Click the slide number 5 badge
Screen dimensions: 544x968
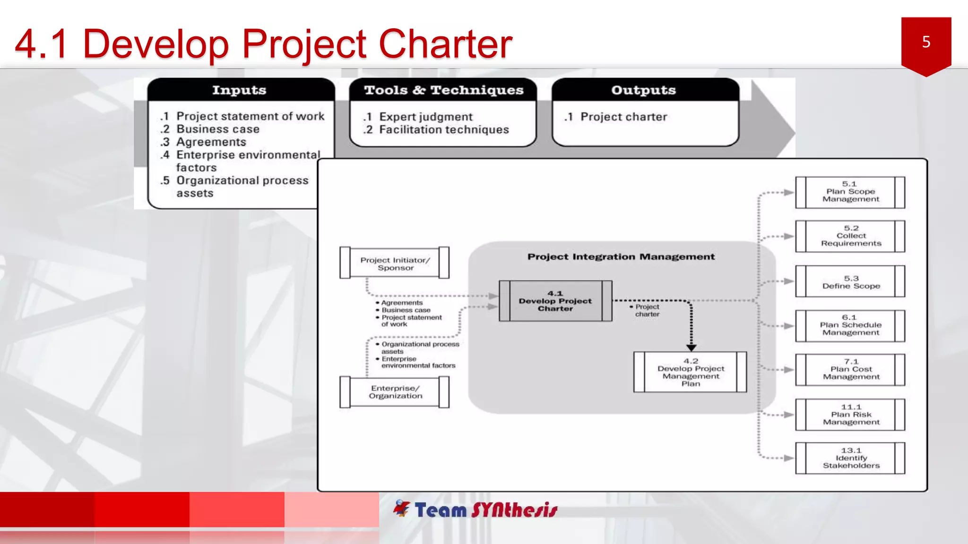pos(926,43)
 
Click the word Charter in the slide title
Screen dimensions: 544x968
pos(445,44)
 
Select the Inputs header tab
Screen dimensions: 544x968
pos(239,90)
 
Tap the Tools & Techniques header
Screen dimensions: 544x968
pos(443,90)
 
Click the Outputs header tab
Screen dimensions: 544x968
pos(644,90)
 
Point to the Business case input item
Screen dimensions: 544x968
pos(217,129)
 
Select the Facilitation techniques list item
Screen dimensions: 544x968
pos(443,129)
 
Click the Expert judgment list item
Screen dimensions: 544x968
pos(425,117)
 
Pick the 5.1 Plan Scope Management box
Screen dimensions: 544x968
pos(850,192)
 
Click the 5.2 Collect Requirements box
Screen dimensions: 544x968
pos(850,236)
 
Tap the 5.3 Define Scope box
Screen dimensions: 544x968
pos(850,282)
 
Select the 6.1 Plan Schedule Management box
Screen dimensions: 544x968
pos(850,325)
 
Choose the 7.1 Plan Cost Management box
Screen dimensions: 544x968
pos(850,369)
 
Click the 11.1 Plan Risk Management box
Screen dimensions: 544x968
pos(850,414)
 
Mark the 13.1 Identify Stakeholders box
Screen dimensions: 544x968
pos(850,458)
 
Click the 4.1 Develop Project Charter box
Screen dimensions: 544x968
pos(555,301)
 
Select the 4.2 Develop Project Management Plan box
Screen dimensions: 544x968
pos(690,372)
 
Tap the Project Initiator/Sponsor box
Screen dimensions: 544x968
pos(395,263)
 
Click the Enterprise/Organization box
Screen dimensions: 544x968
pos(395,392)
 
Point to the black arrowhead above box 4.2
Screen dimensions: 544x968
pos(691,348)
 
